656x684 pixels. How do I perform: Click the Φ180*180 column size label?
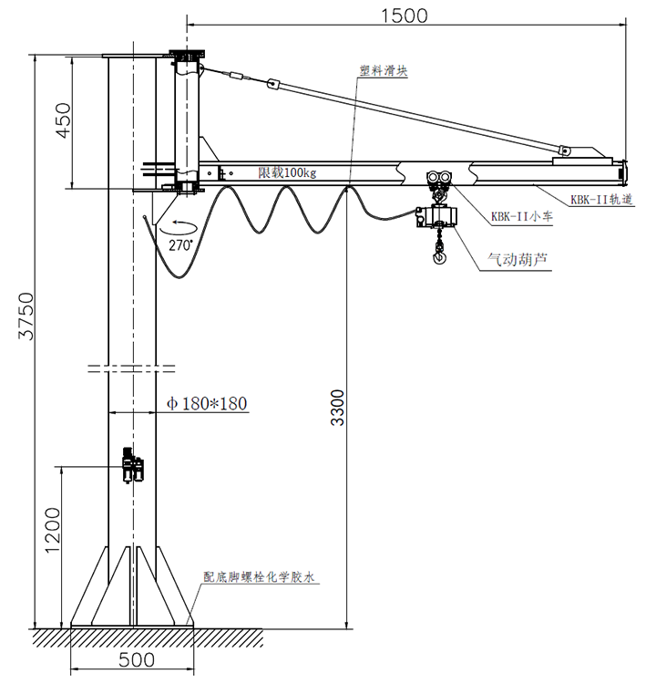point(208,403)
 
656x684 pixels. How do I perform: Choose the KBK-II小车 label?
point(518,216)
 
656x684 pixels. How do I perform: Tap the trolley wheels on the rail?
point(438,177)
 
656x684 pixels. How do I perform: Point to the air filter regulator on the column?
point(134,465)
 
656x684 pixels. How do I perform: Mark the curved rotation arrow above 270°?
point(179,225)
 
